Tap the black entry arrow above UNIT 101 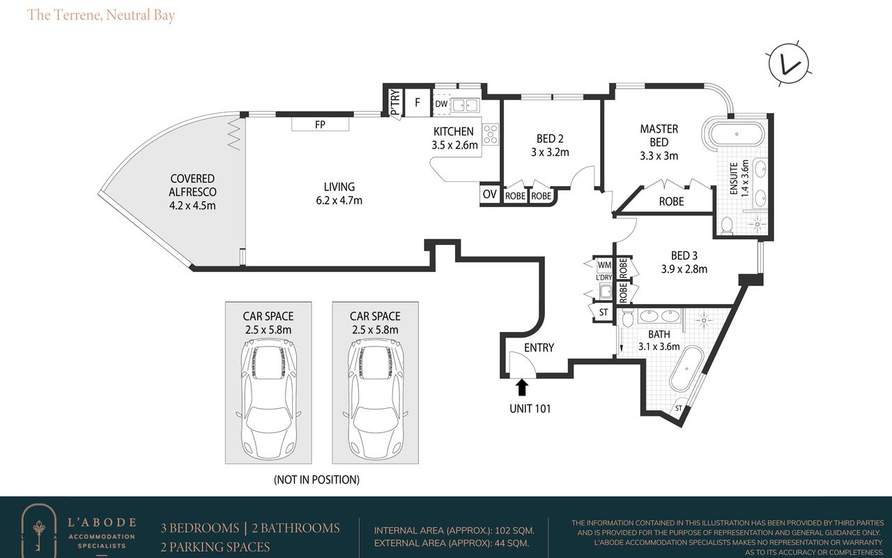(x=522, y=387)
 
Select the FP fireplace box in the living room (x=320, y=124)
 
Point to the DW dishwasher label (x=441, y=104)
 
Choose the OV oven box (x=489, y=194)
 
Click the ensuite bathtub (x=734, y=133)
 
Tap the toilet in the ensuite (x=727, y=225)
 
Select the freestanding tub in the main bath (x=686, y=369)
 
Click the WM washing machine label (x=604, y=264)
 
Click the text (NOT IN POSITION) (x=316, y=479)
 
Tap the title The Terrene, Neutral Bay (x=101, y=15)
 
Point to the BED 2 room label (x=550, y=139)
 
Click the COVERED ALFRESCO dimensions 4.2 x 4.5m (x=192, y=206)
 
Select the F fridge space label (x=417, y=103)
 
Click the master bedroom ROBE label (x=671, y=202)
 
